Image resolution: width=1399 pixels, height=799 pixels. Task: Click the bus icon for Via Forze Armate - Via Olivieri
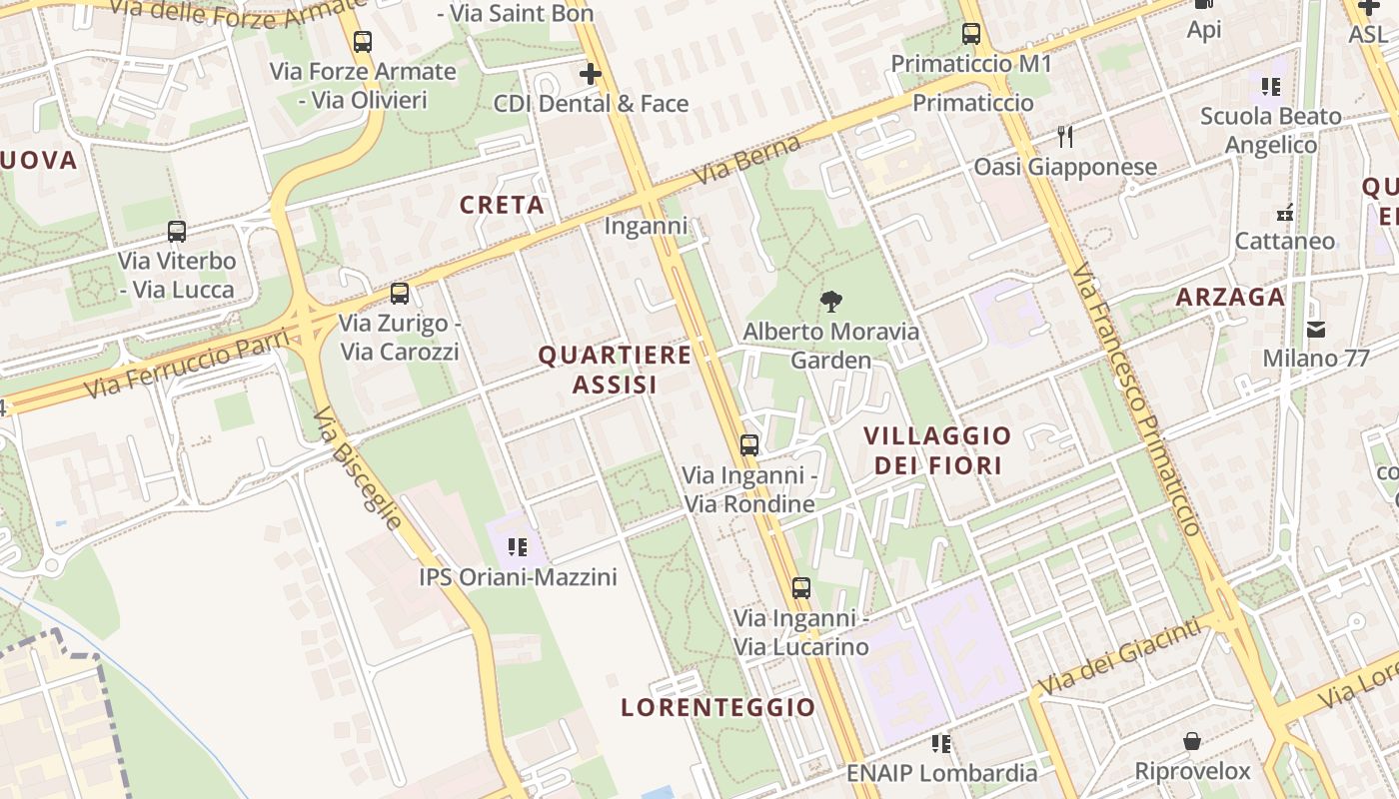363,42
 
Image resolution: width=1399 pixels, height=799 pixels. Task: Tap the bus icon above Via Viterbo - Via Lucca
177,232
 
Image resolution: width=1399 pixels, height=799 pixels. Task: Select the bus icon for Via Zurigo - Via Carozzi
400,294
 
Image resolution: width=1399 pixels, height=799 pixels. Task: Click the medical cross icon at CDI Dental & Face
591,74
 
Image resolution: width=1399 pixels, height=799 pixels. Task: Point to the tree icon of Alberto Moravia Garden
830,302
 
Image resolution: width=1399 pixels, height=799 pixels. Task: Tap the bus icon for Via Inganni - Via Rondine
749,445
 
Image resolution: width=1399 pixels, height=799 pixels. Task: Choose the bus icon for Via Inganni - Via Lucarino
801,588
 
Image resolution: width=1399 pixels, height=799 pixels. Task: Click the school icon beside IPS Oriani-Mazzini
517,546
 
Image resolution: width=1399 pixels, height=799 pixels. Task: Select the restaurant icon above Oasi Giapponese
1065,137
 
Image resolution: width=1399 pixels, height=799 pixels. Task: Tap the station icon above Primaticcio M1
971,34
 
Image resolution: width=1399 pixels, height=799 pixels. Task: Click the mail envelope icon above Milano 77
1316,329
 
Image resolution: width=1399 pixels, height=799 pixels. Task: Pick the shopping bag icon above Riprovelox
1192,741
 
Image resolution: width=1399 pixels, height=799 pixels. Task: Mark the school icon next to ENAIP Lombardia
940,743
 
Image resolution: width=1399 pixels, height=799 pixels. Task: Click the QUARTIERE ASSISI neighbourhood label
615,370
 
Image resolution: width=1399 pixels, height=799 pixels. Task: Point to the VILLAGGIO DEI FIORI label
937,450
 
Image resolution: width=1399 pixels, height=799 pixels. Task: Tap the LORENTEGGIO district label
718,707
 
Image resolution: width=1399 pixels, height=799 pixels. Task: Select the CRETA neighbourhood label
502,205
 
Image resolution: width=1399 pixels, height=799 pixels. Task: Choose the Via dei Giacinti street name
1118,658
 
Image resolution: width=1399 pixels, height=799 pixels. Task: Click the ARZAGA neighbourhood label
1230,297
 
